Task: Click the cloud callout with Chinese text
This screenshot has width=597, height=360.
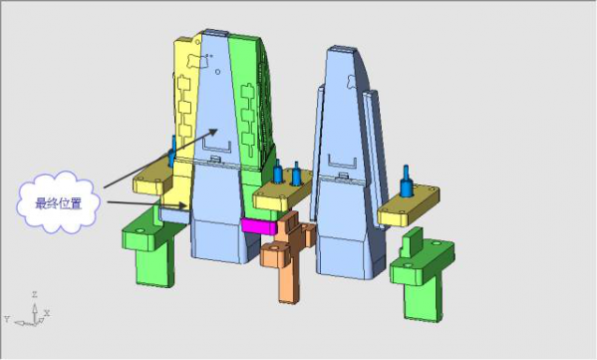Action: click(58, 202)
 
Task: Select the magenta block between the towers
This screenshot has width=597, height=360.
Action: click(259, 226)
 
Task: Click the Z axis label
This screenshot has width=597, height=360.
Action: click(34, 294)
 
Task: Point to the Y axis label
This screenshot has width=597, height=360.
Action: click(6, 319)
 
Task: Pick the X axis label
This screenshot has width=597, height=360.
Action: click(47, 313)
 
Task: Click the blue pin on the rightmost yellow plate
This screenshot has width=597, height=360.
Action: click(407, 181)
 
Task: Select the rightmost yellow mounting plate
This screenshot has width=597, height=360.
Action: click(409, 205)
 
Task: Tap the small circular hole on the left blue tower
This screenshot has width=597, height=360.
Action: click(217, 71)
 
